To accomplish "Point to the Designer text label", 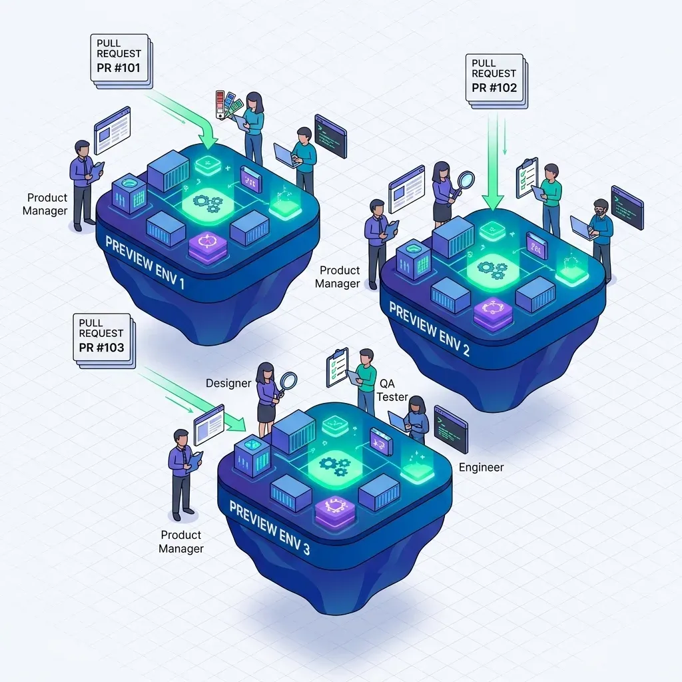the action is click(x=228, y=383).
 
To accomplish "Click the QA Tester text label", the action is click(x=392, y=390).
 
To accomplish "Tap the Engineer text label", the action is click(x=481, y=467).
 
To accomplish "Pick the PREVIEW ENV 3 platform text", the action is click(x=270, y=527).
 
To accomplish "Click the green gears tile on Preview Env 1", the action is click(x=208, y=202).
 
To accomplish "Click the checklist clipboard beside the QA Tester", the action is click(x=338, y=368).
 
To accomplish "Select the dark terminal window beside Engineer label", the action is click(x=451, y=430).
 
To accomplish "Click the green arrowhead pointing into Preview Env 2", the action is click(x=493, y=203).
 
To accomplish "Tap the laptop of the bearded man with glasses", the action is click(x=581, y=228).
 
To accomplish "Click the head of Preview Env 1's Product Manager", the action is click(x=82, y=148).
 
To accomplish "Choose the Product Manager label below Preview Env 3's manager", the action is click(x=181, y=541).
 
